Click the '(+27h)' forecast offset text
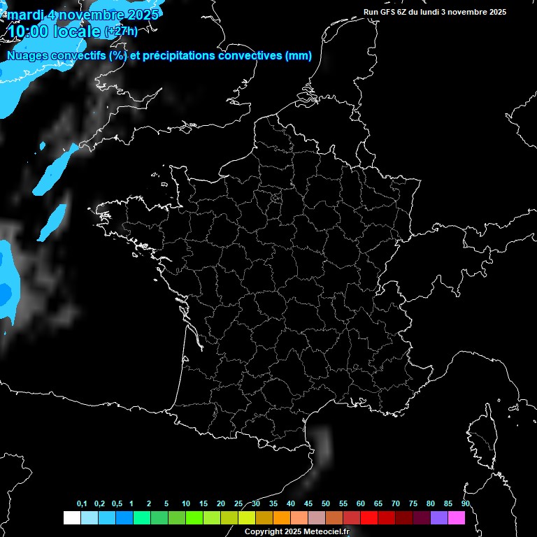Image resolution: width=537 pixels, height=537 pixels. (120, 31)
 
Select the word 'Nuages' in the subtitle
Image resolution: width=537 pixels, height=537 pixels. (26, 56)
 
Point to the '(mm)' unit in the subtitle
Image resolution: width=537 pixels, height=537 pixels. (299, 56)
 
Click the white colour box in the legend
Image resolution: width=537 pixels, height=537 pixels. (71, 518)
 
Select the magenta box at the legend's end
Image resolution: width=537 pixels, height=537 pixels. (456, 518)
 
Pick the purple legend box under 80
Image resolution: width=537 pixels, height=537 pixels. (438, 518)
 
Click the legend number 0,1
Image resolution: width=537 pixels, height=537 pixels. (82, 504)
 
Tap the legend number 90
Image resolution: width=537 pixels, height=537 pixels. (465, 504)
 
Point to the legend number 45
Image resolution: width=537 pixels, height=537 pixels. (308, 504)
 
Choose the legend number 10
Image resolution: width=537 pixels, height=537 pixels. (185, 504)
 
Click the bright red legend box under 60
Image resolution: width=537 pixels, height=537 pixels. (368, 518)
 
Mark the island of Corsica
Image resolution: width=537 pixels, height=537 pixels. (480, 434)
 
